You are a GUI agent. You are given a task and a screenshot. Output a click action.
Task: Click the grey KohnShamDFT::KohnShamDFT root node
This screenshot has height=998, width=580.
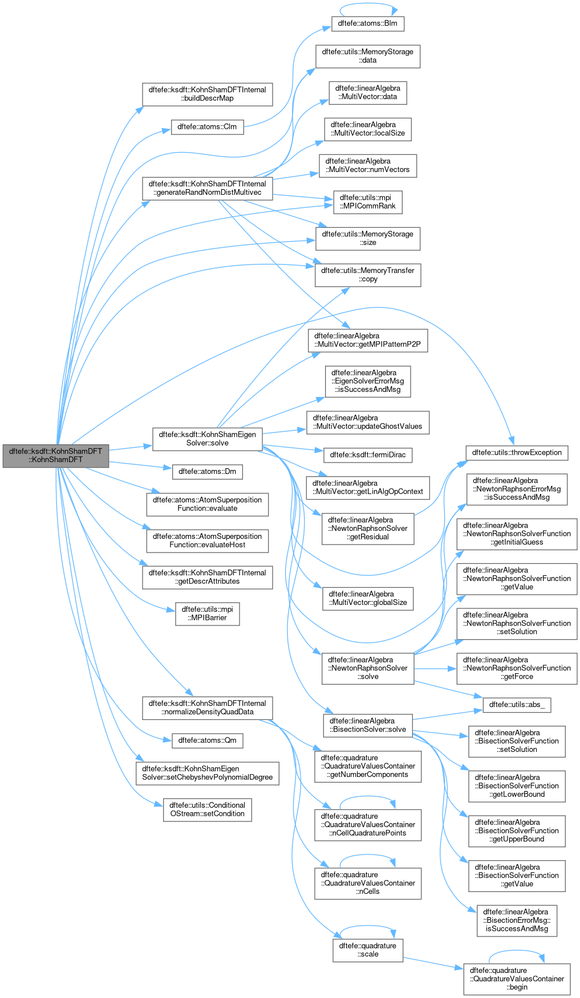click(x=55, y=456)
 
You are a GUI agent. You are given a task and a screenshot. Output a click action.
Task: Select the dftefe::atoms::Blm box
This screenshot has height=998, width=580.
click(x=368, y=23)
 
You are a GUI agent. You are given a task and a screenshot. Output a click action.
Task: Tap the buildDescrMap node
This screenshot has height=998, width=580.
click(x=208, y=94)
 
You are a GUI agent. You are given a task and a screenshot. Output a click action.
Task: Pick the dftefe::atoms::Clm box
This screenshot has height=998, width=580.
click(x=208, y=127)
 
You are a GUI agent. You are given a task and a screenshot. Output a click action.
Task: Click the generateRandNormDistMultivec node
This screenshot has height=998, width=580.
click(x=208, y=188)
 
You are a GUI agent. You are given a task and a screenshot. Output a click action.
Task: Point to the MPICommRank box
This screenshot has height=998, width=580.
click(x=368, y=202)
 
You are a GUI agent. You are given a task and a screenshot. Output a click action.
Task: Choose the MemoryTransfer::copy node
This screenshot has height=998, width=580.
click(x=368, y=275)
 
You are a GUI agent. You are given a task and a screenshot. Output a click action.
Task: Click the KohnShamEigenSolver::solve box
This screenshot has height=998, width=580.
click(x=208, y=439)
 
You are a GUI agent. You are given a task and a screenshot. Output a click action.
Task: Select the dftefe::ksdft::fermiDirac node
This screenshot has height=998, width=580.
click(x=368, y=455)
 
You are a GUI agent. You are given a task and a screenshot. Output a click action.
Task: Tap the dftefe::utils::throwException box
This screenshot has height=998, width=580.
click(x=517, y=453)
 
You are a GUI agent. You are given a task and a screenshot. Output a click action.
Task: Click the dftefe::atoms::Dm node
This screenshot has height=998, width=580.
click(x=208, y=472)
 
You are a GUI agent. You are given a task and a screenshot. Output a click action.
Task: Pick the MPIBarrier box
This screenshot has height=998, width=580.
click(x=208, y=613)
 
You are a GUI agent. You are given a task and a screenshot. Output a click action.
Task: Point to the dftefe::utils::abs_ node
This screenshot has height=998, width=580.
click(x=517, y=705)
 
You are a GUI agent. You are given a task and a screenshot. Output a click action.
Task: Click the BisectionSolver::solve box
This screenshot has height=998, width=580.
click(x=368, y=725)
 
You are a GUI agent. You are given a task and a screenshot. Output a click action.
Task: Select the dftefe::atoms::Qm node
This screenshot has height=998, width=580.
click(x=208, y=741)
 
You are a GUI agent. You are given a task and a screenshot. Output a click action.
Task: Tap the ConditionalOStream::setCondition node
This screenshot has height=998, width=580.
click(x=208, y=809)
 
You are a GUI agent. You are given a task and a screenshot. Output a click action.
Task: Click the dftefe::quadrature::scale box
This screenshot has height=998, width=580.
click(x=368, y=950)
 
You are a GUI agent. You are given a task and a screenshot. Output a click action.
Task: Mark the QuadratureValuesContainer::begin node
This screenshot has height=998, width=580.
click(x=517, y=979)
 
